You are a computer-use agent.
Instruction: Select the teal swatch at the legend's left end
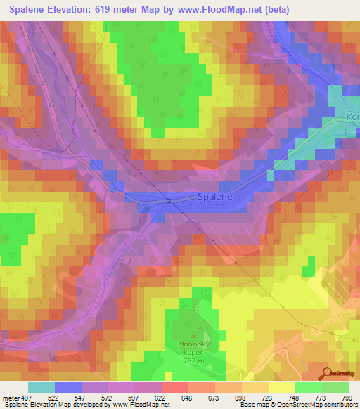[x=41, y=388]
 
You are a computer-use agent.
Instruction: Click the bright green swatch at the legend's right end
[x=335, y=388]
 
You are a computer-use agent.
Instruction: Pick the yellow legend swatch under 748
[x=282, y=388]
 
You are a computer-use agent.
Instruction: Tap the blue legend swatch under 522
[x=68, y=388]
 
